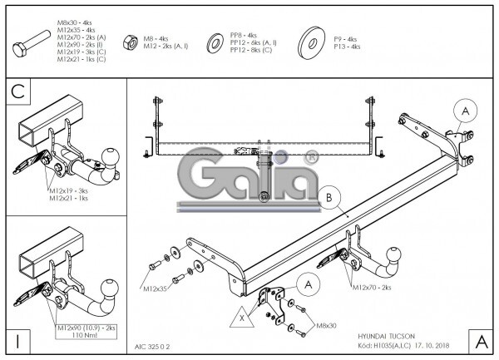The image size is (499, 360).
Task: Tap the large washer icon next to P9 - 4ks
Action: coord(315,41)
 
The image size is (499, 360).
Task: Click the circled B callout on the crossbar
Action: coord(329,197)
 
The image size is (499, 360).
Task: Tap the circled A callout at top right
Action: coord(464,111)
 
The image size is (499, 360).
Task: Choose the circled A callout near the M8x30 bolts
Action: coord(308,285)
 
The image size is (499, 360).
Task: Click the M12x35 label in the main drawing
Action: coord(155,289)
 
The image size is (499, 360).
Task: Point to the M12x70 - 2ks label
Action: coord(371,288)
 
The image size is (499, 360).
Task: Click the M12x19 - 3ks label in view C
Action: coord(68,190)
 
